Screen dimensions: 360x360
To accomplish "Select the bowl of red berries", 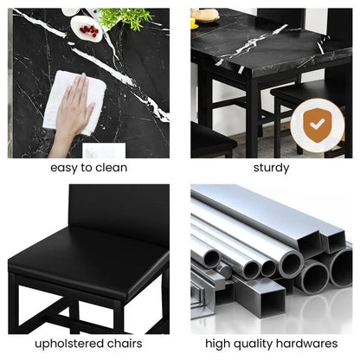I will pyautogui.click(x=87, y=30).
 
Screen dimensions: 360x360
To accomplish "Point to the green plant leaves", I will pyautogui.click(x=124, y=16).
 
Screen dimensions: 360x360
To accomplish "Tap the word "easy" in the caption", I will pyautogui.click(x=64, y=168).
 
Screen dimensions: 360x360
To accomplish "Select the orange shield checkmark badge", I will pyautogui.click(x=317, y=126).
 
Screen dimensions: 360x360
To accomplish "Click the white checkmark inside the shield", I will pyautogui.click(x=317, y=125).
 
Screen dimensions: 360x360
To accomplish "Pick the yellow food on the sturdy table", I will pyautogui.click(x=207, y=15).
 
